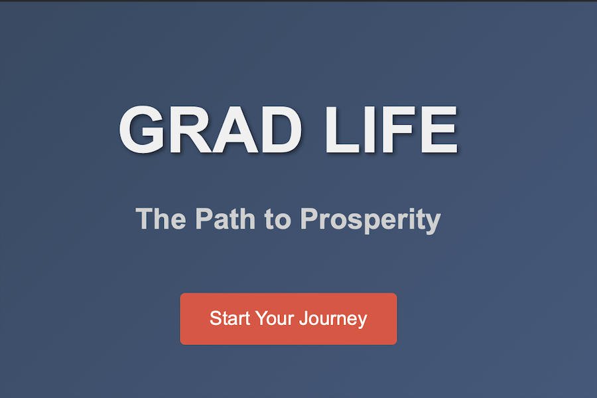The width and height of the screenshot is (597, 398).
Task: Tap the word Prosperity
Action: click(x=370, y=220)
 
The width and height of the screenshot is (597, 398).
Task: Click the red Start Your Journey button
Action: click(x=289, y=319)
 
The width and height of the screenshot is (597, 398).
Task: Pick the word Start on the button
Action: click(x=230, y=318)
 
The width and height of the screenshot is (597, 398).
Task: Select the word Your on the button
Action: click(x=275, y=319)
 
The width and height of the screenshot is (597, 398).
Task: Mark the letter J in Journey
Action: click(x=303, y=318)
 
